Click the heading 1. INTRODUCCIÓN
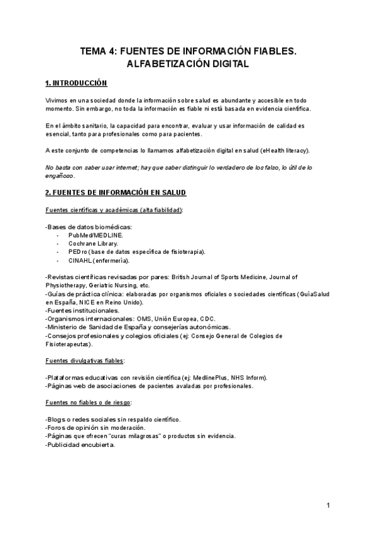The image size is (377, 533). [x=77, y=83]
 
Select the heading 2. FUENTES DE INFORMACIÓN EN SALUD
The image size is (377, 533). [x=116, y=192]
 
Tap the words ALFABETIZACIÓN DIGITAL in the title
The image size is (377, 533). [x=188, y=64]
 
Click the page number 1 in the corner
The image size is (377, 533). [x=328, y=505]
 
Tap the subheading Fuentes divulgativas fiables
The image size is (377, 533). [x=85, y=361]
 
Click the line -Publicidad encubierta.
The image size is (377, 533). [x=80, y=444]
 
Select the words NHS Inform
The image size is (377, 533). [x=249, y=377]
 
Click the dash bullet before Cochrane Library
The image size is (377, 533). [x=58, y=243]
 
